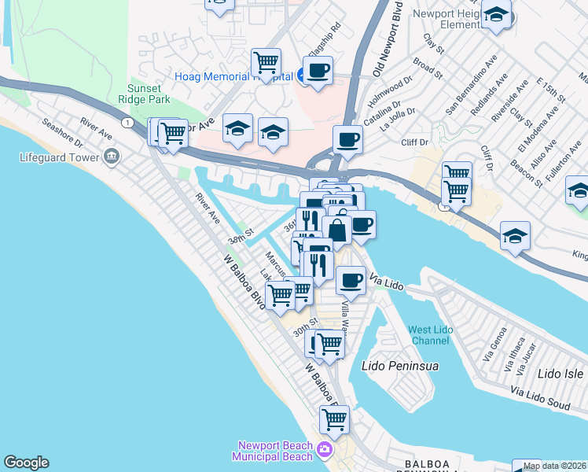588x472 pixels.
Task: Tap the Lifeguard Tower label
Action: click(x=60, y=157)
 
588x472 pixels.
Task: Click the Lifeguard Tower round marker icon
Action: click(x=111, y=157)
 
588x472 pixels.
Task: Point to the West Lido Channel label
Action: click(x=430, y=336)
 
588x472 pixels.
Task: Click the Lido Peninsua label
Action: click(x=399, y=367)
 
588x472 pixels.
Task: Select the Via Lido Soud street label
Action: click(x=539, y=391)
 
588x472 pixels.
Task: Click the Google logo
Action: click(x=26, y=463)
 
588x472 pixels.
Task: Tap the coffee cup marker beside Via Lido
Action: click(x=351, y=279)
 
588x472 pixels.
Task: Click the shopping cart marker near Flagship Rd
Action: click(x=266, y=62)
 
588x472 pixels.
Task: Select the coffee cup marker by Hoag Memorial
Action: click(x=318, y=69)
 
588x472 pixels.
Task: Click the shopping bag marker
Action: click(x=336, y=230)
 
